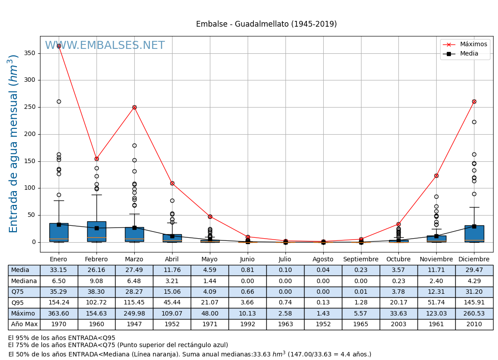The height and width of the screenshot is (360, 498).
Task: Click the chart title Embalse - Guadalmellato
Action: pos(266,24)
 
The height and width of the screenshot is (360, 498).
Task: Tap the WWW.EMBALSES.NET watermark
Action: pos(105,46)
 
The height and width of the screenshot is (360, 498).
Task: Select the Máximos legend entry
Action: pos(473,44)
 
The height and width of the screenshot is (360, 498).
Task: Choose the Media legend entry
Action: pos(469,54)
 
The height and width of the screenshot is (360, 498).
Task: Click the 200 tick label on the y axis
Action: pos(30,134)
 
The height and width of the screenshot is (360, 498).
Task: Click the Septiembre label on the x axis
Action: pos(361,260)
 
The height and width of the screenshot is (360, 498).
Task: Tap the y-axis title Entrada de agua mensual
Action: pos(14,144)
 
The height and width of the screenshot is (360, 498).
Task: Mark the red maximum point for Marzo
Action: pos(134,107)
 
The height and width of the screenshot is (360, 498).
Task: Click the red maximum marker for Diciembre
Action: pos(474,101)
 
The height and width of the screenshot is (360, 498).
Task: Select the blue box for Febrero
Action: pos(96,231)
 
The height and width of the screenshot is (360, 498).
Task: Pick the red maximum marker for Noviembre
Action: pos(436,176)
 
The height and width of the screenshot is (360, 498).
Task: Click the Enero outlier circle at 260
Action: pos(59,101)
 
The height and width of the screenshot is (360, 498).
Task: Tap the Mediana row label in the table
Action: pos(24,281)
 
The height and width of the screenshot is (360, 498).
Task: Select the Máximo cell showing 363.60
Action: pos(59,314)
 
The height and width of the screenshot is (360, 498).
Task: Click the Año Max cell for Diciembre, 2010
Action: pos(474,324)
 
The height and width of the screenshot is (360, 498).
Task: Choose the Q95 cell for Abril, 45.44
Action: pos(172,303)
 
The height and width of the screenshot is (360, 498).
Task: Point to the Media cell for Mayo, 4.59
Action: pos(210,270)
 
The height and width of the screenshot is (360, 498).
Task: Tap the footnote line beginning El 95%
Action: pos(62,338)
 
